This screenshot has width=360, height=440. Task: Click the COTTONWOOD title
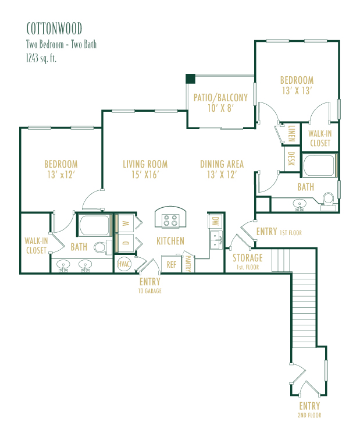(x=54, y=29)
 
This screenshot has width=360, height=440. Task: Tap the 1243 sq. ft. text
(x=41, y=58)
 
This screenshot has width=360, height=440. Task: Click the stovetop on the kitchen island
(x=170, y=220)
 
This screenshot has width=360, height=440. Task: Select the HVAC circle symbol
(x=124, y=264)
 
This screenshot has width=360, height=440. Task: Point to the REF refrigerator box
(x=172, y=264)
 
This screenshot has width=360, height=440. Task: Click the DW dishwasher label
(x=215, y=221)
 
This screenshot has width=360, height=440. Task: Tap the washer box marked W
(x=125, y=223)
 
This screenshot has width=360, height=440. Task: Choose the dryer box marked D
(x=125, y=243)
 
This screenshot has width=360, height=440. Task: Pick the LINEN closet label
(x=291, y=133)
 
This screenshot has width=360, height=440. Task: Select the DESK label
(x=291, y=159)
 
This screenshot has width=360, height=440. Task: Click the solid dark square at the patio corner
(x=190, y=79)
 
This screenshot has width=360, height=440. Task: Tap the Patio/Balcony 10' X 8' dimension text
(x=220, y=108)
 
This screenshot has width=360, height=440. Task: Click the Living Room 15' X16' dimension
(x=145, y=175)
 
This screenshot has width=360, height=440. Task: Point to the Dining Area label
(x=222, y=164)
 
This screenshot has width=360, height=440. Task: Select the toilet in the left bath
(x=102, y=247)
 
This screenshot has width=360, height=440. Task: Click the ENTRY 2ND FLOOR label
(x=309, y=410)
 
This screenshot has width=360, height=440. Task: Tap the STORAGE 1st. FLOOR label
(x=248, y=261)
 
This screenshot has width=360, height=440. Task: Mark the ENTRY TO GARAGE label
(x=149, y=285)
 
